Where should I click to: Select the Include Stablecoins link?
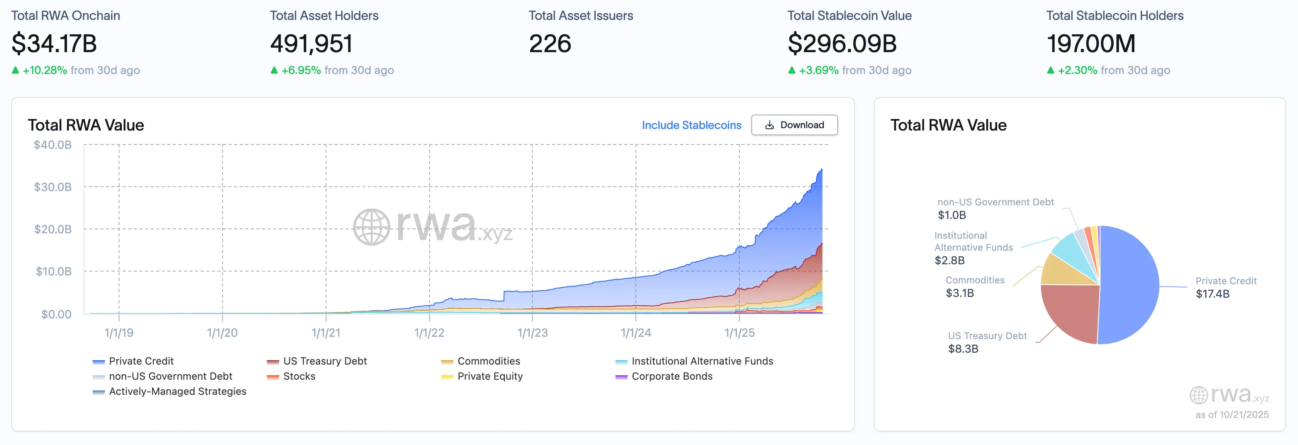(x=691, y=125)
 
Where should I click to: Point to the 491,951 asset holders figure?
(x=311, y=43)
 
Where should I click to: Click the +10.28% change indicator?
(x=44, y=70)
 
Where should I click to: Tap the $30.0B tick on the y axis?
(x=53, y=187)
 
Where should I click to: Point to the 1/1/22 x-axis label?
(x=429, y=333)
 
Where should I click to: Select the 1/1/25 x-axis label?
(x=739, y=333)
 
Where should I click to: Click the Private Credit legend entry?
(x=141, y=361)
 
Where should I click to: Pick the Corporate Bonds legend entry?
(x=671, y=376)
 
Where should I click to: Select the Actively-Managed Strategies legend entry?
(x=177, y=391)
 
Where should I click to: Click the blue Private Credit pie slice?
(x=1131, y=285)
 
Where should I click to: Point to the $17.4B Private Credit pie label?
(x=1212, y=294)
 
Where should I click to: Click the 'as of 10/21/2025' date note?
(x=1232, y=414)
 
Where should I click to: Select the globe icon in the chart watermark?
(x=371, y=227)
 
